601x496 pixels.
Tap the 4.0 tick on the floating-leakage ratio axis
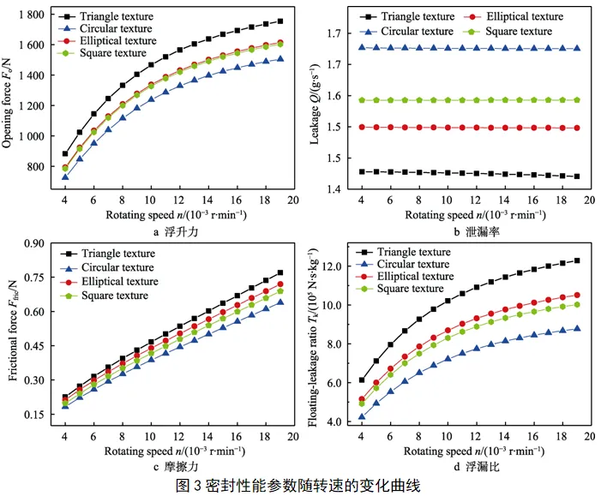342,421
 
